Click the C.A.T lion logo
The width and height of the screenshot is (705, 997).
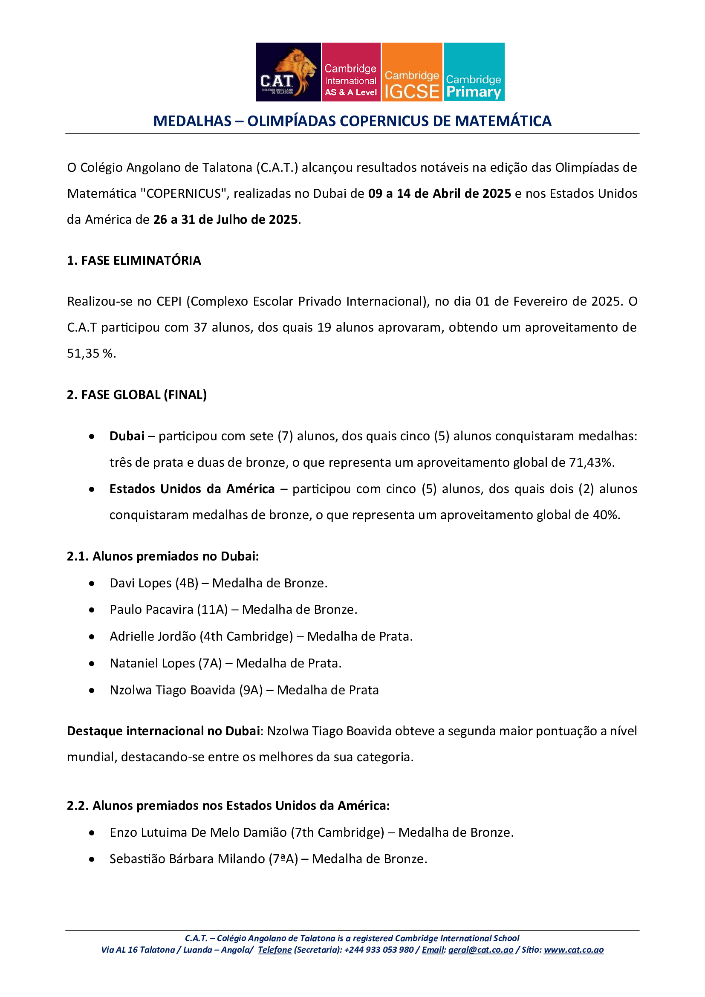[288, 72]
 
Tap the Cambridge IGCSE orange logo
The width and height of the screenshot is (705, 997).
[412, 72]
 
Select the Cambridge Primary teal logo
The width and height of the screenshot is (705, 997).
[474, 72]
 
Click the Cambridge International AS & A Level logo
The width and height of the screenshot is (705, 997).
[351, 72]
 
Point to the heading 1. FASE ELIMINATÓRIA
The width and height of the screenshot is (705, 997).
[134, 260]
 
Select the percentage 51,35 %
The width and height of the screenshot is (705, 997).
[91, 353]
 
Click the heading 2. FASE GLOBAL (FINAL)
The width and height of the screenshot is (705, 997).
[137, 395]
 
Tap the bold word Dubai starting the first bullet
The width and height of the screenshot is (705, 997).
[127, 436]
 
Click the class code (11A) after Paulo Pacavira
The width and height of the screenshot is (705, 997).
[212, 610]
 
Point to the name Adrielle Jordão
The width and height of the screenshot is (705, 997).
[153, 636]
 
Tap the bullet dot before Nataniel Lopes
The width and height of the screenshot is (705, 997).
[92, 664]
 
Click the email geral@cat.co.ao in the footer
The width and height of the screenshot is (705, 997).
[480, 950]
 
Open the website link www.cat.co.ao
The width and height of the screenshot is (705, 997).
[573, 950]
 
